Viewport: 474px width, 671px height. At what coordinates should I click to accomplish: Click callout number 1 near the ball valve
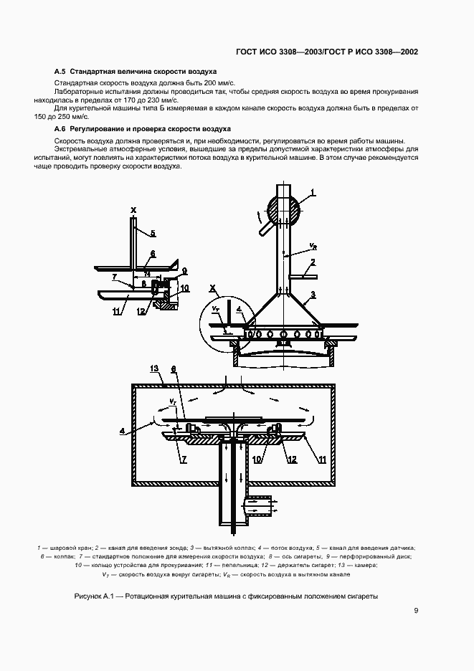tap(313, 191)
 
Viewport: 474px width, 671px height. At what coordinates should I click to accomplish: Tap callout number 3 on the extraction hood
tap(313, 295)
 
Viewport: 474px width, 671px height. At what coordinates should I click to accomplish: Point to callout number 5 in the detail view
tap(153, 233)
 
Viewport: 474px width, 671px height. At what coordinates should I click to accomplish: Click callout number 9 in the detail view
tap(184, 272)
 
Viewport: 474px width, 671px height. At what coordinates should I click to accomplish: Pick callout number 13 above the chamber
tap(153, 368)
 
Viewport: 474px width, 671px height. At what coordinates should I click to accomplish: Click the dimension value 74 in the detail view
tap(147, 275)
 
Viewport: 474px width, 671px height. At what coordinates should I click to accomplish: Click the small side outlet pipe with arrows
tap(258, 508)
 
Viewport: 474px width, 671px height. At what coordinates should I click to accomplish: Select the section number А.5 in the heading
tap(60, 72)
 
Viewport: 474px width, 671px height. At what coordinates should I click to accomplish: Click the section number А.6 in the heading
tap(60, 128)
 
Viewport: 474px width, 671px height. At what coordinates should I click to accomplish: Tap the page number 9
tap(416, 611)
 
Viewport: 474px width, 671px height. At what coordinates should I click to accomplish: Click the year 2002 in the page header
tap(406, 52)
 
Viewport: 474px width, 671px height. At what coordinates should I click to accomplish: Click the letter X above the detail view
tap(133, 210)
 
